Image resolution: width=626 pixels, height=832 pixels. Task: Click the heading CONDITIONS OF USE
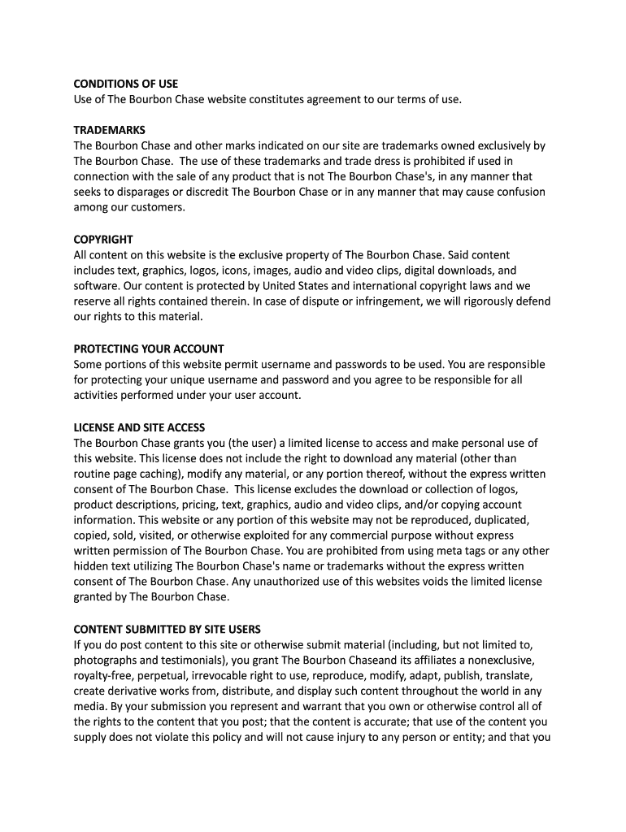[126, 84]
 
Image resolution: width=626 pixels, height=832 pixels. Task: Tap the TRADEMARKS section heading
[110, 130]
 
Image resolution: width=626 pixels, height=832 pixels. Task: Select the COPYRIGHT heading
[103, 240]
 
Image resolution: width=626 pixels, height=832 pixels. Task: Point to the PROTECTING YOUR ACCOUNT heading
[149, 349]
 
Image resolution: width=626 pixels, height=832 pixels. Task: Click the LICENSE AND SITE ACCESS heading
[139, 427]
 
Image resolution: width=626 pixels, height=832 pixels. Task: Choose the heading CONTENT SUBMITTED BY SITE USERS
[167, 630]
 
